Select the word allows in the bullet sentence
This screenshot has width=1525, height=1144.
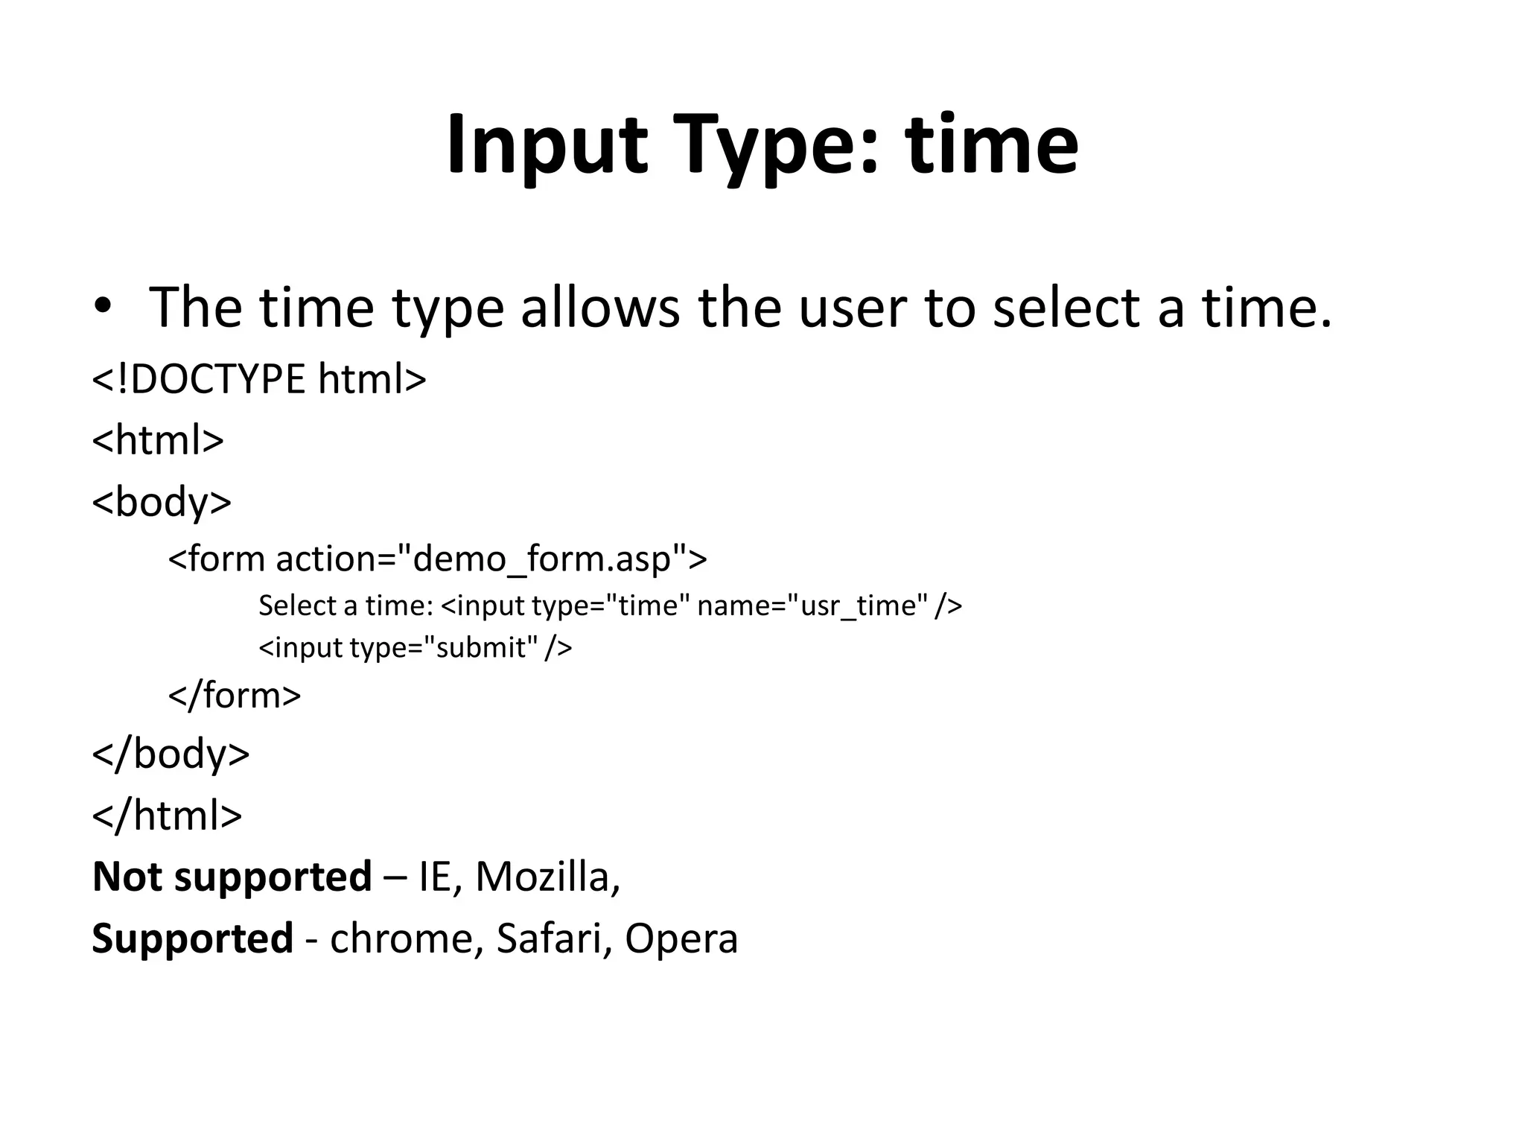(599, 307)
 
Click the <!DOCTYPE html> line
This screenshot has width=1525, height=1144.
(259, 379)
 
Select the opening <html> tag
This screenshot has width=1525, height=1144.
(158, 440)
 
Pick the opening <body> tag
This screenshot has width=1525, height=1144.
(162, 501)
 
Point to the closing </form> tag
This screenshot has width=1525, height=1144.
(235, 695)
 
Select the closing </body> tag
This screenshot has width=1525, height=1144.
(171, 753)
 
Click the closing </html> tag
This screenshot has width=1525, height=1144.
(167, 815)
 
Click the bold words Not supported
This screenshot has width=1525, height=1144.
(232, 876)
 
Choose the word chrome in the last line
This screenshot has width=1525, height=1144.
(401, 938)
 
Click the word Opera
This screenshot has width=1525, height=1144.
(681, 938)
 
